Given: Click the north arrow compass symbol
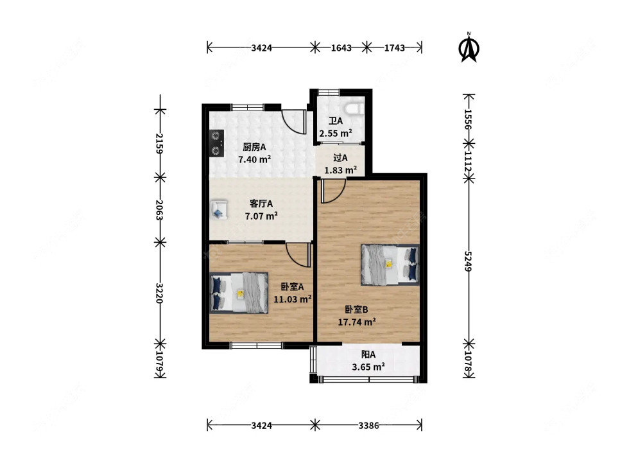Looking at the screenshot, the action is point(469,48).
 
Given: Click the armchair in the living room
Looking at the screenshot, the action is point(219,210).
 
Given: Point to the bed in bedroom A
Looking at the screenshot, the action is point(239,293).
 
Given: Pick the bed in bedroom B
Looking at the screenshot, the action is point(390,265).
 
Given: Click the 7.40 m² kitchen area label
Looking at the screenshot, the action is point(254,159).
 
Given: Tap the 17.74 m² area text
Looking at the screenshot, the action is point(357,322).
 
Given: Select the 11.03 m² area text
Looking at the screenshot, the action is point(293,299).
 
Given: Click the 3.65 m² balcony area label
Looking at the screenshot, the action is point(368,367).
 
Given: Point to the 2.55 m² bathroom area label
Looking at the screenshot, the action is point(335,134).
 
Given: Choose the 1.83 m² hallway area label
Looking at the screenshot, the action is point(340,170).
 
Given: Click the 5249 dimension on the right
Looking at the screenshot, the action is point(468,261).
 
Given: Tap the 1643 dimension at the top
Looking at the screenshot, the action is point(341,48).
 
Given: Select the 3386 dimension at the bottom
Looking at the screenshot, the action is point(368,425).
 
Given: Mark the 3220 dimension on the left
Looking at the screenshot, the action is point(159,293).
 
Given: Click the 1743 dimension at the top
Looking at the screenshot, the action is point(394,48).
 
